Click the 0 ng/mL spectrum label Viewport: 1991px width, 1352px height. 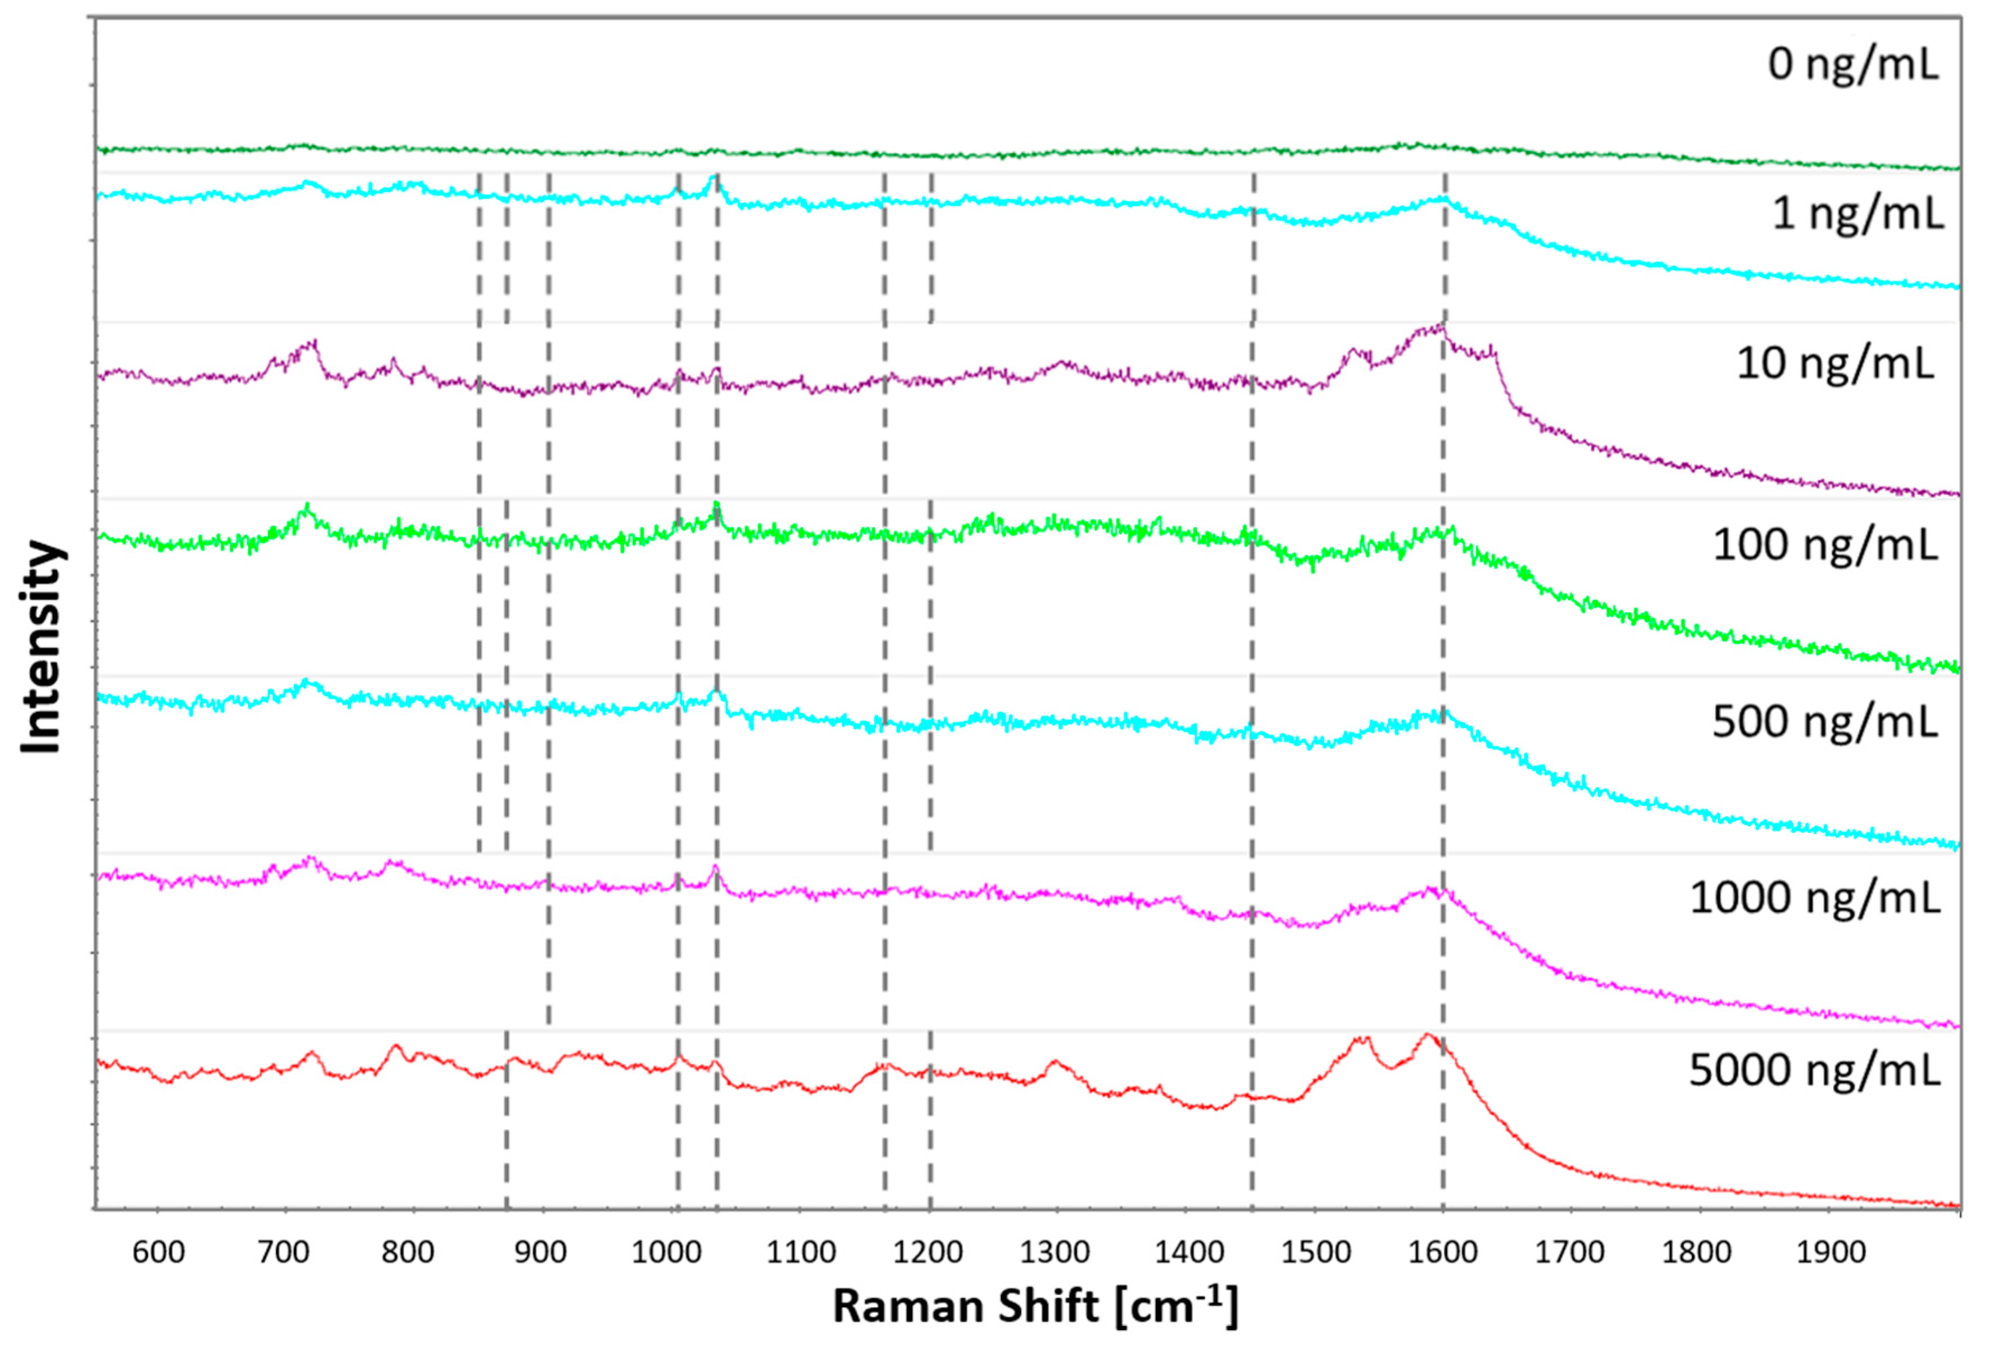1852,65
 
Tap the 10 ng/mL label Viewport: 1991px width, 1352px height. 1834,363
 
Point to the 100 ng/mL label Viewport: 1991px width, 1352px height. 1824,545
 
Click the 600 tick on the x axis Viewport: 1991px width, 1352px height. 159,1253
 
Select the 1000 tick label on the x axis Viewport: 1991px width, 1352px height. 666,1253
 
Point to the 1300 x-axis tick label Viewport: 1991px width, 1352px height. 1054,1253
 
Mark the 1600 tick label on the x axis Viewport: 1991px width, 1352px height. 1442,1253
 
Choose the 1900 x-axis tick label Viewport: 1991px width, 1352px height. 1831,1253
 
